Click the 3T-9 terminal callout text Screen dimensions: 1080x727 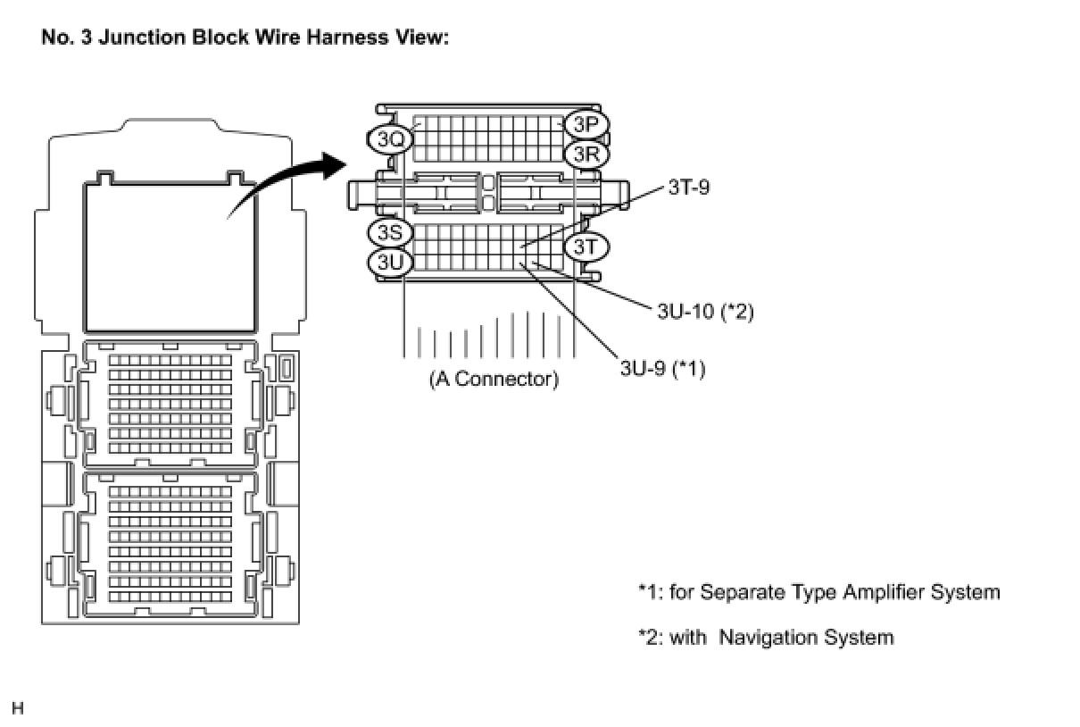tap(688, 188)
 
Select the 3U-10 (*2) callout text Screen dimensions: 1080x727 tap(705, 312)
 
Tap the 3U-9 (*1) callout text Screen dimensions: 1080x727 tap(662, 369)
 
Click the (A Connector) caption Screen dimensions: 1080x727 tap(494, 380)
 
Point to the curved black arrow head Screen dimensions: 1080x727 tap(334, 165)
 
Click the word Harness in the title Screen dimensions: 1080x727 tap(346, 38)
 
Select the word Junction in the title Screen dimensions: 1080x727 tap(142, 38)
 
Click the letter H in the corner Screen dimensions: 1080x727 tap(17, 708)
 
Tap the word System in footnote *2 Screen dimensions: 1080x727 tap(860, 638)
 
